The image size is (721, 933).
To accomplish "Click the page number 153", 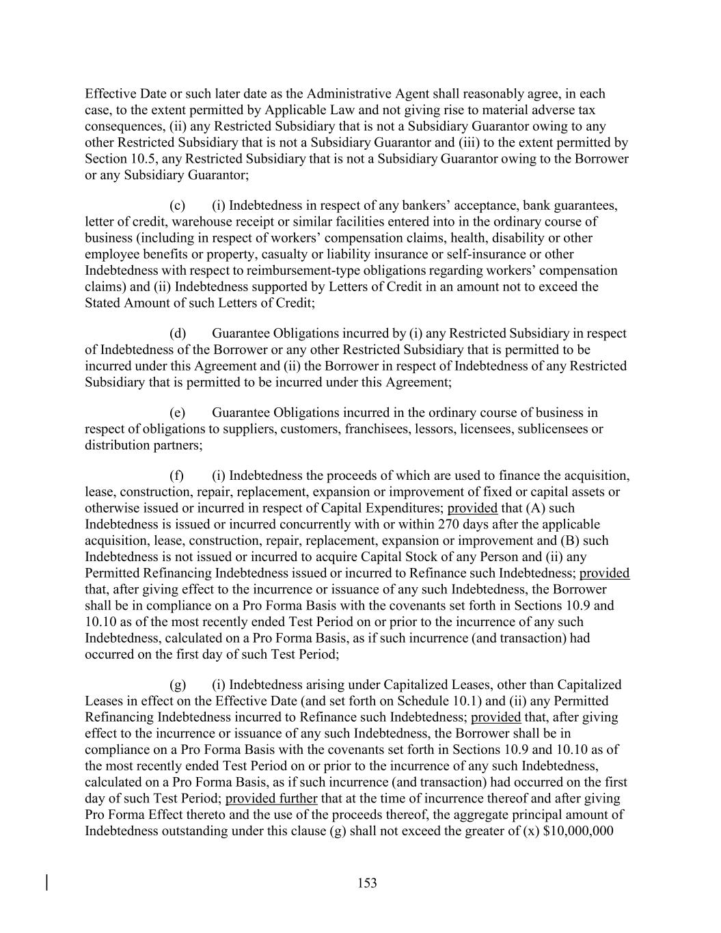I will pyautogui.click(x=367, y=883).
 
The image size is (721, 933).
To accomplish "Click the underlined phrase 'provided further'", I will pyautogui.click(x=271, y=798).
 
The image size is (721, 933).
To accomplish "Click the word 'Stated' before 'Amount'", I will pyautogui.click(x=103, y=302).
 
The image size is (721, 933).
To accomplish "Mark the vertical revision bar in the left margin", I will pyautogui.click(x=47, y=882).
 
